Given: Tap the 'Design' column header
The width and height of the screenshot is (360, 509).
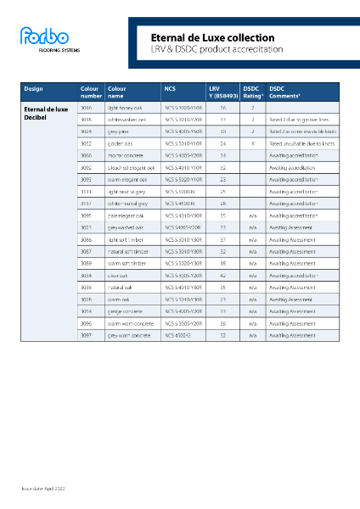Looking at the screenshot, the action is pos(34,88).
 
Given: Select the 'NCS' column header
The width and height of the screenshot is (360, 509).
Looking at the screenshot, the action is pos(170,88).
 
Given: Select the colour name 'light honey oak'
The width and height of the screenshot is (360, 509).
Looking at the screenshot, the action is pos(125,109).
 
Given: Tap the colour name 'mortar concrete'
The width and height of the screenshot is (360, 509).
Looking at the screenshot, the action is pos(125,156).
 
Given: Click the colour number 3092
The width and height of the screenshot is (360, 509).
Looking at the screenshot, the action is pos(86,168).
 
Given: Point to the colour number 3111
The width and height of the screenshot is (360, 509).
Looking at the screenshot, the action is pos(86,192).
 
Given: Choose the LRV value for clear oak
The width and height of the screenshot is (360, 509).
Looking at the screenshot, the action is pos(222,276).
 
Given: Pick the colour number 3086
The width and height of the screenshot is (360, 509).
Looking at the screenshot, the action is pos(86,240).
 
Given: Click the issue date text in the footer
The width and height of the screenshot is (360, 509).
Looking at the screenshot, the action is pos(43,490).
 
